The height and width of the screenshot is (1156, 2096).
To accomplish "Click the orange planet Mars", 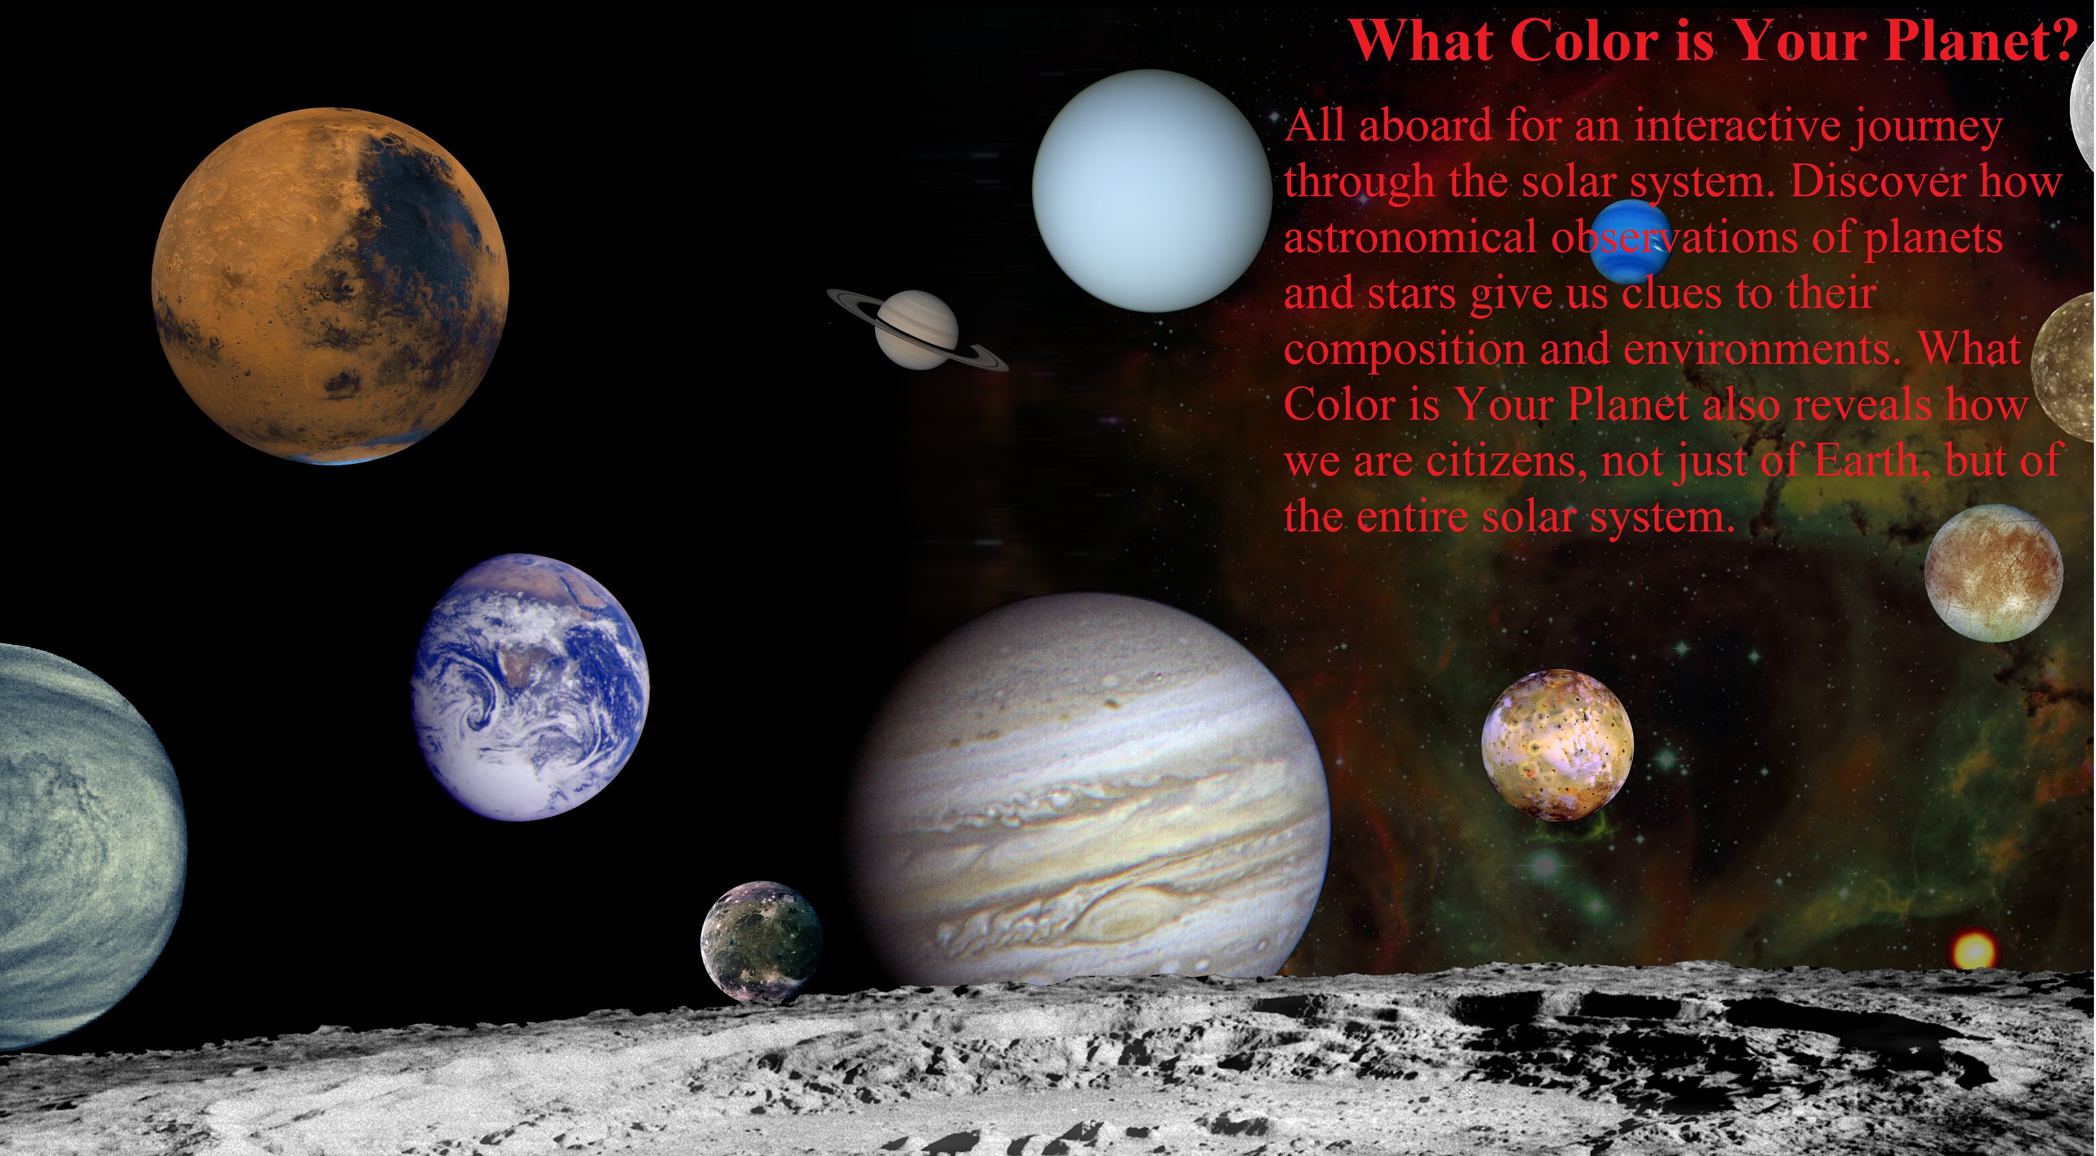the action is point(330,286).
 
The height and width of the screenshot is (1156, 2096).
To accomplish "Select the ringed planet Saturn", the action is point(917,329).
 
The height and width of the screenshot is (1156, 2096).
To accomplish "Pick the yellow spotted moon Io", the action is point(1557,745).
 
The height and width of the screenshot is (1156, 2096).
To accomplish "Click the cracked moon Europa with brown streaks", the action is point(1994,572).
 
